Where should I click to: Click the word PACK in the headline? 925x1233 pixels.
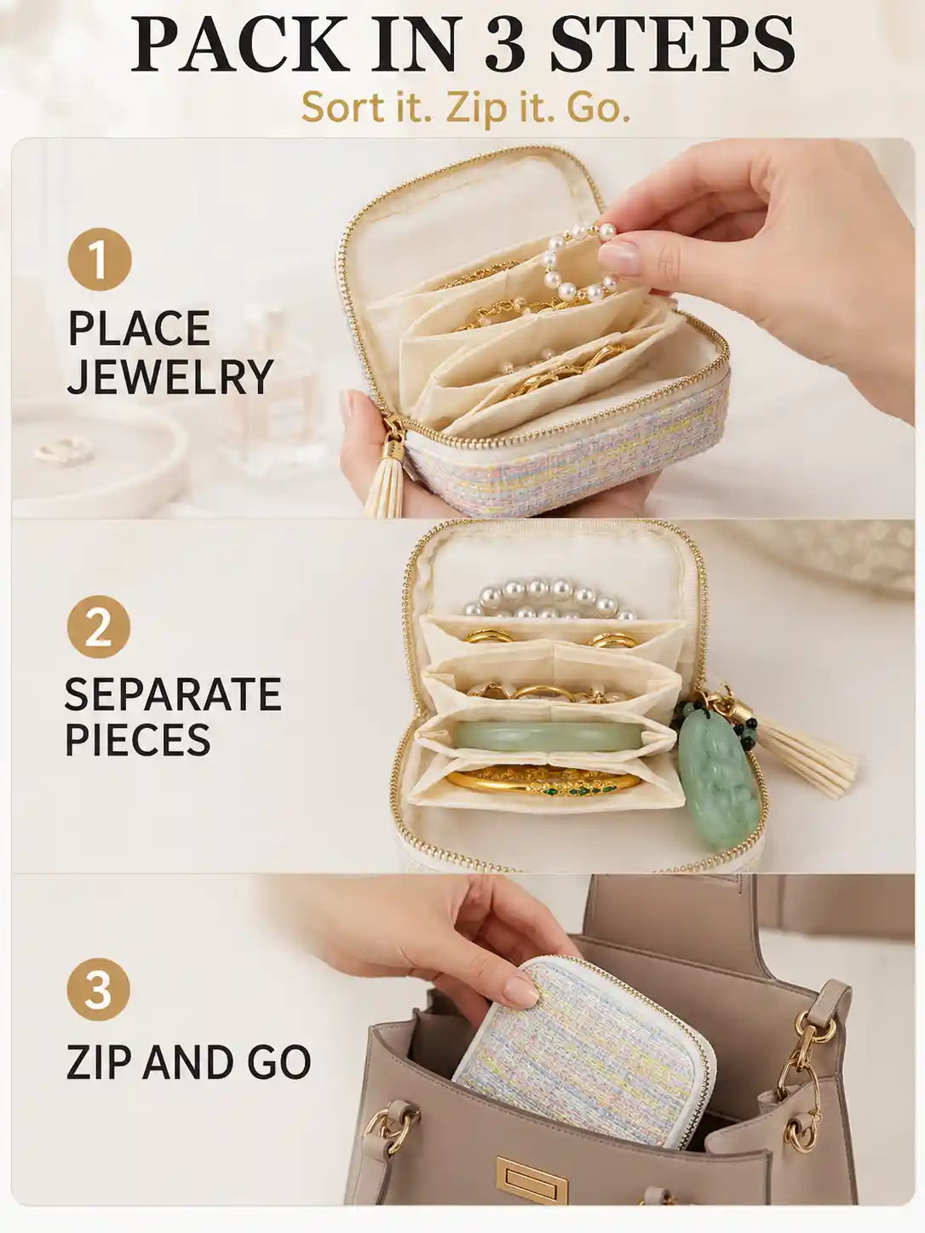pos(242,43)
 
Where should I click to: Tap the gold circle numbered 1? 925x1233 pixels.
pos(100,259)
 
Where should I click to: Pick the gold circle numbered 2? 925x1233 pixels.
pos(99,627)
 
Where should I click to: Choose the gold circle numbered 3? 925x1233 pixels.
pos(98,989)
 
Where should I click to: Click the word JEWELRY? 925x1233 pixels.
pos(169,376)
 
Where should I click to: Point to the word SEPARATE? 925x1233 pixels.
pos(172,694)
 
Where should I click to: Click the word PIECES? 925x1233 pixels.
pos(138,738)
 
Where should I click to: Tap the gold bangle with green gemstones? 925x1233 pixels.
pos(543,782)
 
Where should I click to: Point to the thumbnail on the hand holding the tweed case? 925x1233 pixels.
pos(520,992)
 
